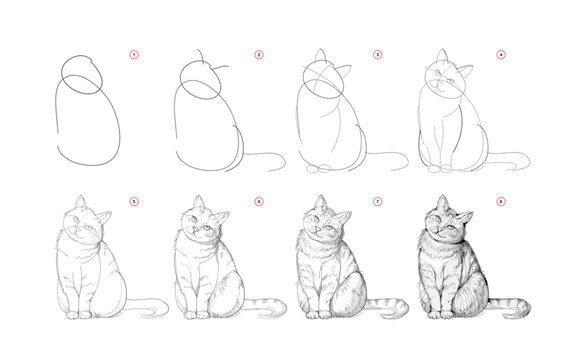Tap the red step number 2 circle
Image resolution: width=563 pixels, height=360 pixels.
click(258, 54)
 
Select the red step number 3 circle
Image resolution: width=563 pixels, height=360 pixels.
click(377, 54)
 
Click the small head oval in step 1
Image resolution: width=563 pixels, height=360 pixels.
click(82, 74)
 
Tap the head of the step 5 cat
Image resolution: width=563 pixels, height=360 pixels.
click(84, 228)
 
